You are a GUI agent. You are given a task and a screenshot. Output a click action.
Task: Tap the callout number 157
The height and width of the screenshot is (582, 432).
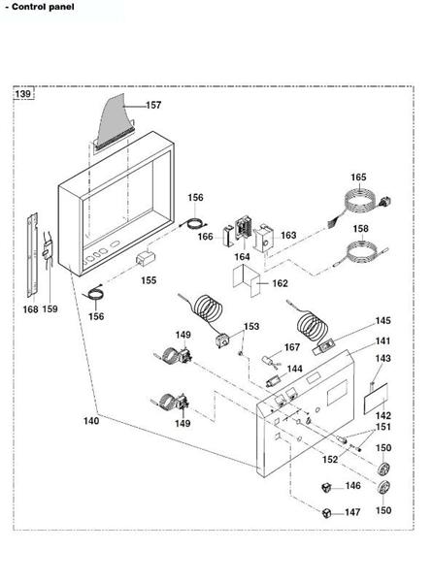click(x=153, y=105)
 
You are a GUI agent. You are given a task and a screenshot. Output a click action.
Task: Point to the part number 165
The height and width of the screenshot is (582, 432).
click(x=358, y=178)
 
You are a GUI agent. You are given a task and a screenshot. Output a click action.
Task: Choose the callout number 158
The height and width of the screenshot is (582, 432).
click(x=360, y=230)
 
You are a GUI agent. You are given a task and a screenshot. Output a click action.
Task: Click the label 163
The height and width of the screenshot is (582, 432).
click(x=288, y=236)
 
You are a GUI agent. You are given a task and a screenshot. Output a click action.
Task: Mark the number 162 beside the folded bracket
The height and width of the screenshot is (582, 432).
click(x=280, y=284)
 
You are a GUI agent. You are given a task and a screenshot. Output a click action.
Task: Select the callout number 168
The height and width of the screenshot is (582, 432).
click(x=31, y=309)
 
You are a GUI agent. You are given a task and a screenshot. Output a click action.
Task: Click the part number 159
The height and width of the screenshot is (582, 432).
click(x=50, y=309)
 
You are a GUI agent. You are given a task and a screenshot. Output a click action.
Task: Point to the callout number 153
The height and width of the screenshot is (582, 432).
click(x=251, y=327)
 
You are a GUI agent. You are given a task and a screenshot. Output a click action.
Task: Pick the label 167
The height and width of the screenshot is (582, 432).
click(x=291, y=347)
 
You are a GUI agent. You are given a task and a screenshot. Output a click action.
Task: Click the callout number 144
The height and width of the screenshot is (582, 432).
click(x=294, y=370)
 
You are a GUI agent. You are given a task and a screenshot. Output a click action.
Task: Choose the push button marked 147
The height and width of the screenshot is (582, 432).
click(x=329, y=511)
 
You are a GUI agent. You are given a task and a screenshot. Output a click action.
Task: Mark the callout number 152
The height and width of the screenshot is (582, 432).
click(x=330, y=459)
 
